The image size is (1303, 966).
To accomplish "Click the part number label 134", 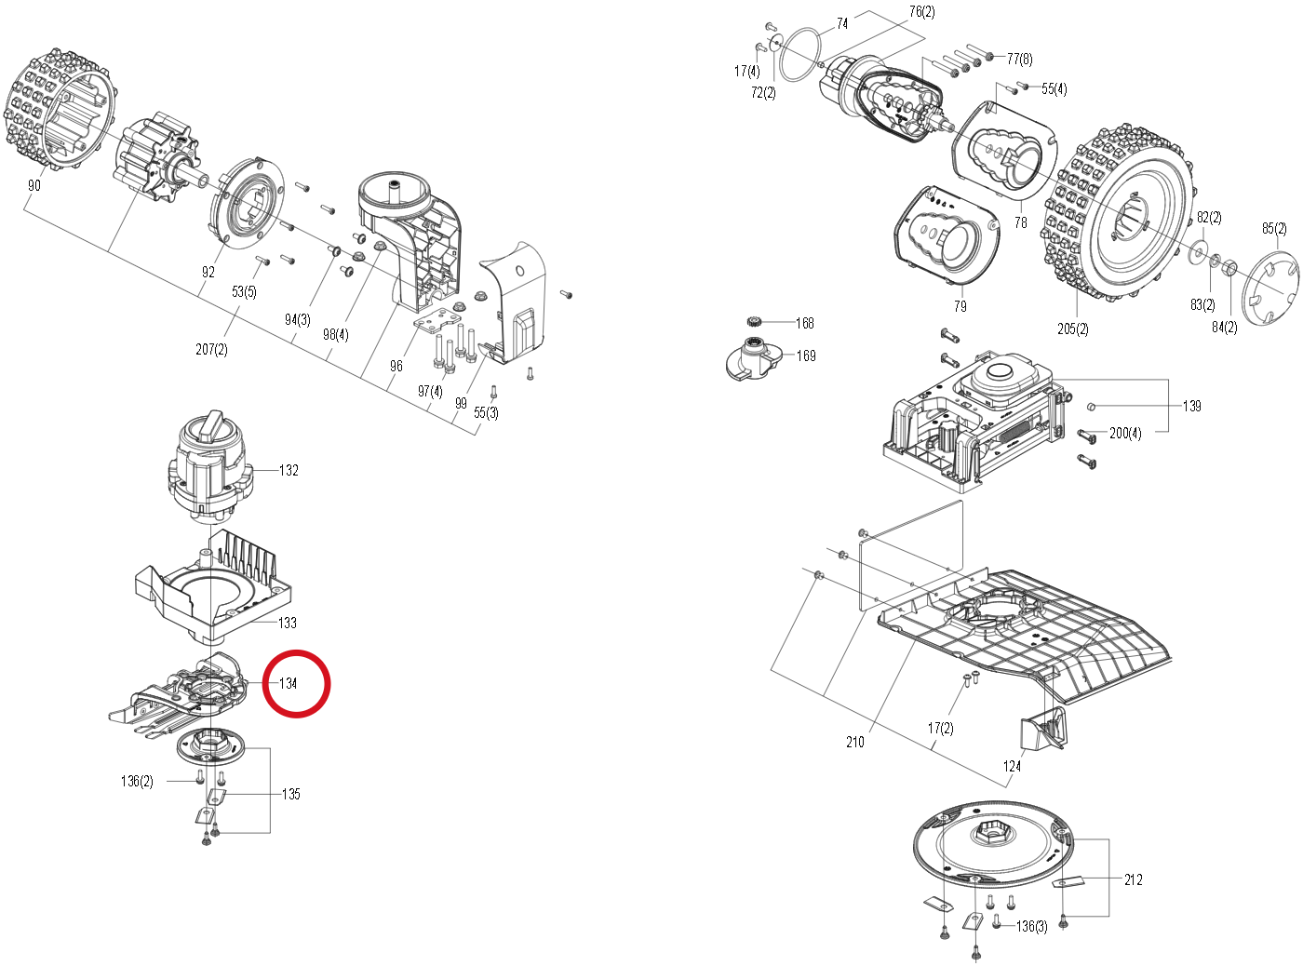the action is (288, 683).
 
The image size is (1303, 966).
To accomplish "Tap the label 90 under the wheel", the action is (34, 186).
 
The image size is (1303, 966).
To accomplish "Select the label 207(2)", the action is (211, 350).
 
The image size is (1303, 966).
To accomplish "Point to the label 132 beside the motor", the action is (289, 470).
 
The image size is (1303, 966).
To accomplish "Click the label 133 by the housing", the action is (288, 623).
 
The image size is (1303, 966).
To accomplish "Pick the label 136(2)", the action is (137, 782).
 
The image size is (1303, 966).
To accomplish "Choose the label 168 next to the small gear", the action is (805, 323).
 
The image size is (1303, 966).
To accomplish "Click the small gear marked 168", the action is (754, 321).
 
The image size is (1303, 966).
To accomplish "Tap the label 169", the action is (806, 356).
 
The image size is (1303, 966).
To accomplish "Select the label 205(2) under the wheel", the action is (1073, 329).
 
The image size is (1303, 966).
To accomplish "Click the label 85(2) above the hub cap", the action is (1274, 228).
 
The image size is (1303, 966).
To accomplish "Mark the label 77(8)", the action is (1019, 59).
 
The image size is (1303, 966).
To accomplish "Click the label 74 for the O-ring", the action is (842, 23).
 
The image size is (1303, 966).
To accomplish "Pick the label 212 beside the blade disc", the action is (1134, 879).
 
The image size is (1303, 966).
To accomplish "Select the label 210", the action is (854, 742).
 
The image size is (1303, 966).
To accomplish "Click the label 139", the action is (1191, 406).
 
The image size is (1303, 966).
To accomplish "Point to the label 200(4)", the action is (1125, 434).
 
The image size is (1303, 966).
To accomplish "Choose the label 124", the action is (1012, 766).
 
